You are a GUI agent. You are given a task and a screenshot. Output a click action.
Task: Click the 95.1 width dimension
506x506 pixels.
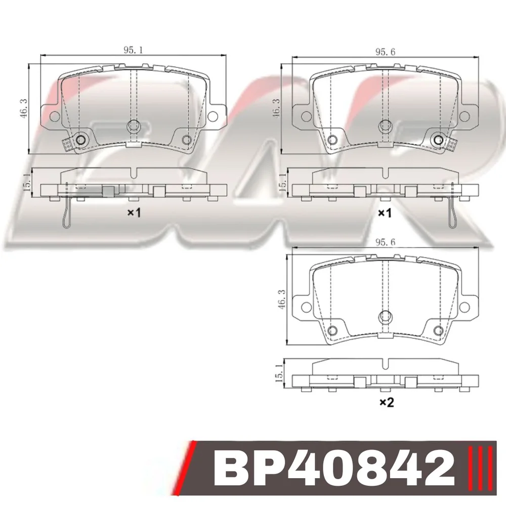pos(133,50)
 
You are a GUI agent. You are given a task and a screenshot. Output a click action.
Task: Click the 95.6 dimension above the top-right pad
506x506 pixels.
pos(385,52)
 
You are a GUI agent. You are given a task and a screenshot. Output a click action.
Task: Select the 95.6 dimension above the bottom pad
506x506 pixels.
pos(385,242)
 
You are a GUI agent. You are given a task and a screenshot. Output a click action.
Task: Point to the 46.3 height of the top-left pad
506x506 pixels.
pos(24,108)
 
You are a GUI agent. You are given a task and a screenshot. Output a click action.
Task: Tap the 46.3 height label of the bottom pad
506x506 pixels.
pos(281,300)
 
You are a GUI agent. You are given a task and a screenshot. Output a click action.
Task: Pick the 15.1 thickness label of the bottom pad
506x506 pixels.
pos(279,373)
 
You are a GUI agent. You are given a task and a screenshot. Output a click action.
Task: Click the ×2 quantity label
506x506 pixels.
pos(386,402)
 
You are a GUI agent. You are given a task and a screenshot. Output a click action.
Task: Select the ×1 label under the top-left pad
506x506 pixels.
pos(134,213)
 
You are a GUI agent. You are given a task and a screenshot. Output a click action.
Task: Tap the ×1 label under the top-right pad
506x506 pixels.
pos(385,213)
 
